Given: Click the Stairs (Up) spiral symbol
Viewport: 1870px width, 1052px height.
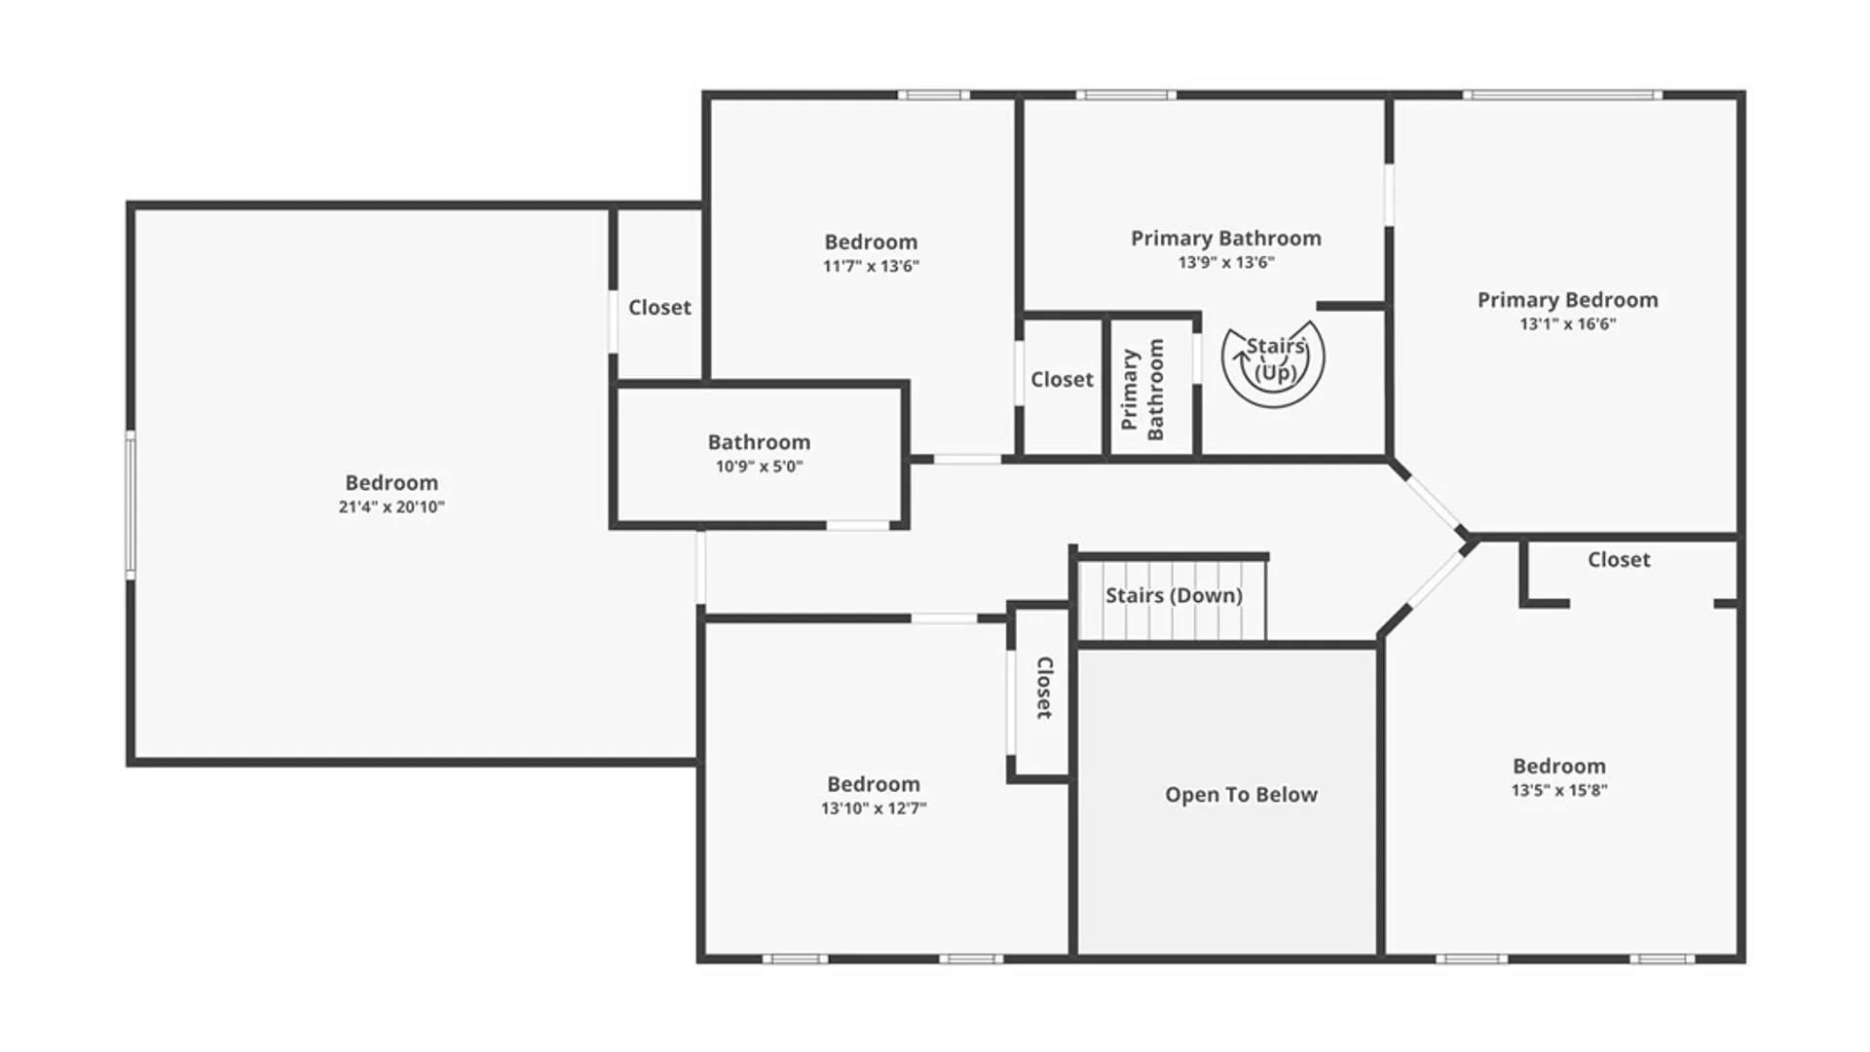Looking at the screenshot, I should [x=1273, y=362].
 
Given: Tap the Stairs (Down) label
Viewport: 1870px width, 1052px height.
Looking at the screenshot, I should [x=1173, y=595].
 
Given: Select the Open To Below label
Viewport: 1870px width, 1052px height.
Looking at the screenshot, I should [x=1241, y=795].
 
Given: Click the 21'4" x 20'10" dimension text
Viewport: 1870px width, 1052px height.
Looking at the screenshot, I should [x=392, y=507].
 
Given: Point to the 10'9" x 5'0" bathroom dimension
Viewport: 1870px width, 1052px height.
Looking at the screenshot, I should [x=759, y=467].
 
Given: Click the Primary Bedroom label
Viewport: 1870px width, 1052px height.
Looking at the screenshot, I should [x=1567, y=300].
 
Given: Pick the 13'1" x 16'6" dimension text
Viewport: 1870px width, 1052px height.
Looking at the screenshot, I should [x=1567, y=324].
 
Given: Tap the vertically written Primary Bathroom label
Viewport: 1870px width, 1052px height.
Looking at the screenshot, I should [x=1142, y=390].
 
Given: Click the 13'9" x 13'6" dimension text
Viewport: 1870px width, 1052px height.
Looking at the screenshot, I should [x=1225, y=262].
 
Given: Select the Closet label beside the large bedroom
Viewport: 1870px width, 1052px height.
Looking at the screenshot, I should [x=659, y=308].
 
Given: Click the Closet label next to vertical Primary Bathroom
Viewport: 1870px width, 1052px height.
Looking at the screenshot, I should [x=1062, y=380].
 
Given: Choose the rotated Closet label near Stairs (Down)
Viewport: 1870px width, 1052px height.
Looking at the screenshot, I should [x=1043, y=688].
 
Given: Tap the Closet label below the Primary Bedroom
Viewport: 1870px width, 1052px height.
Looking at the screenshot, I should [x=1619, y=560].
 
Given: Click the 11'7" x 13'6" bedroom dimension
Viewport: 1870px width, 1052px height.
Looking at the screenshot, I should [x=871, y=266].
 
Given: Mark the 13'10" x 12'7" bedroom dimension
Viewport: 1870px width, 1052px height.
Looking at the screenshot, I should [x=874, y=808].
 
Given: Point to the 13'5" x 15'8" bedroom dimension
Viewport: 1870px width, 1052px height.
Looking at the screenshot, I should [x=1558, y=791].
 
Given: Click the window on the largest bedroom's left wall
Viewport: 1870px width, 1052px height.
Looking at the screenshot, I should [x=130, y=506].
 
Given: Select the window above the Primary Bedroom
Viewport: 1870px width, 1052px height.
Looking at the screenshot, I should [x=1561, y=95].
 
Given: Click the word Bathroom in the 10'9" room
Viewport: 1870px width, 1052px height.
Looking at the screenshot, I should [x=759, y=442].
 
